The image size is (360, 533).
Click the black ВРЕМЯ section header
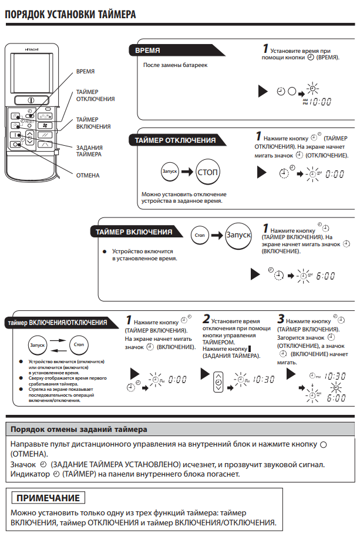coord(147,51)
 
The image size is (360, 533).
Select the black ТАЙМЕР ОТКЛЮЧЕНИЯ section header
coord(175,140)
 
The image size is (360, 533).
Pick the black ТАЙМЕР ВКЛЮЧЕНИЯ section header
coord(134,232)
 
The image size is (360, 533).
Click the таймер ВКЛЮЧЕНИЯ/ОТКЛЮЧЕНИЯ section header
coord(56,323)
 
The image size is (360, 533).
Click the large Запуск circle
coord(238,234)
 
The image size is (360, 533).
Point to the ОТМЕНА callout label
coord(88,175)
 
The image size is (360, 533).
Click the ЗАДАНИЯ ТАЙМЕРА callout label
coord(89,150)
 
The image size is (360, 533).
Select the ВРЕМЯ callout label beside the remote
coord(86,72)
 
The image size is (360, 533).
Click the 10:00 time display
coord(321,101)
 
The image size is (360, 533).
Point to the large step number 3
coord(281,320)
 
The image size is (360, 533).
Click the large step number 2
coord(206,320)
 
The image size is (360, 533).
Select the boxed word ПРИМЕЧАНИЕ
coord(48,498)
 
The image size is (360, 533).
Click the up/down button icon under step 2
coord(218,380)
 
